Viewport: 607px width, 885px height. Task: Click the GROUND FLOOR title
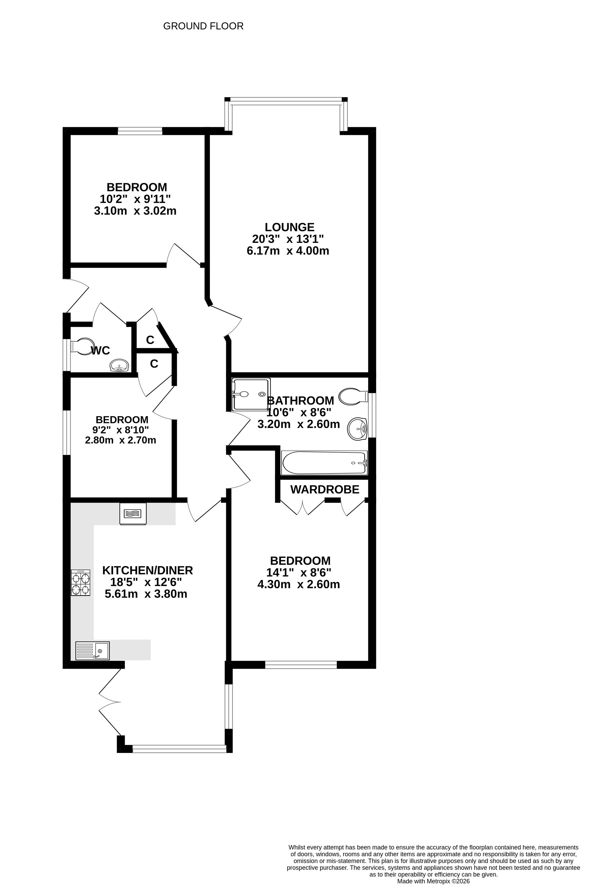pyautogui.click(x=203, y=26)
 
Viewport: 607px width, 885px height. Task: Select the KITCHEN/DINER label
pyautogui.click(x=148, y=570)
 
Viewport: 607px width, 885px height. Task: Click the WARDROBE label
pyautogui.click(x=325, y=489)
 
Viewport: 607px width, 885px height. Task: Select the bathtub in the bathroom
pyautogui.click(x=324, y=463)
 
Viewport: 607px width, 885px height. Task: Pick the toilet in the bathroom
pyautogui.click(x=353, y=396)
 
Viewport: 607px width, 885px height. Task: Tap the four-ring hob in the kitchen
pyautogui.click(x=81, y=583)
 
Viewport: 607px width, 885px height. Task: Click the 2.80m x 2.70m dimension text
pyautogui.click(x=121, y=440)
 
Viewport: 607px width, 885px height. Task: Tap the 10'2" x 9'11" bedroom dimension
pyautogui.click(x=135, y=199)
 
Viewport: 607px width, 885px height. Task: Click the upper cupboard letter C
pyautogui.click(x=150, y=340)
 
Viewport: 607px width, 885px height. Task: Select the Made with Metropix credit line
pyautogui.click(x=433, y=881)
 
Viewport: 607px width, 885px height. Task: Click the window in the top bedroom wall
pyautogui.click(x=140, y=131)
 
